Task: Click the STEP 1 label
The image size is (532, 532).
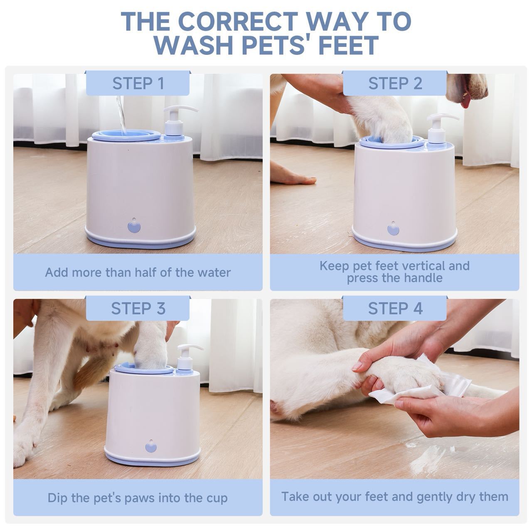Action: [138, 84]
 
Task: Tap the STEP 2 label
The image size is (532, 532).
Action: [395, 84]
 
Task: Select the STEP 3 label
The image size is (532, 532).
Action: [138, 309]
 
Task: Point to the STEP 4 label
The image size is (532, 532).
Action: [395, 309]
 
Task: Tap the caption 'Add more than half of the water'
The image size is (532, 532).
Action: [138, 273]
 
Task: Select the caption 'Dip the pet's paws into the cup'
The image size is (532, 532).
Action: [138, 498]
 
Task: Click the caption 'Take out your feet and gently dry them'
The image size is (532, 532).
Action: [394, 497]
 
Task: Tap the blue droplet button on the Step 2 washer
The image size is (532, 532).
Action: [392, 229]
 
